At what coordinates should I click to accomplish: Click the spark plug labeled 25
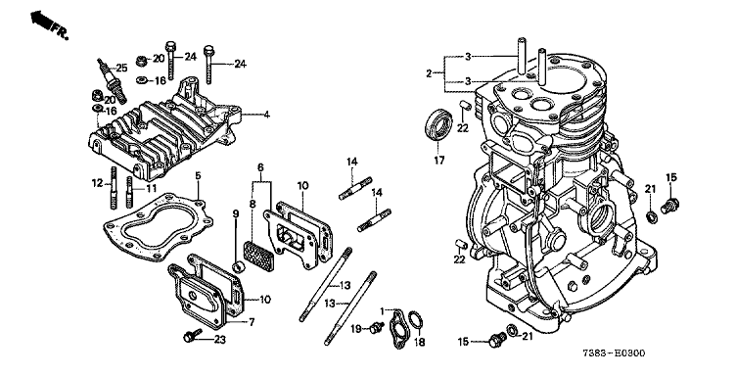(112, 79)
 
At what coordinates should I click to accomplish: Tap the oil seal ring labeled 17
(438, 124)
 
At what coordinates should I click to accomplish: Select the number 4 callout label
(266, 114)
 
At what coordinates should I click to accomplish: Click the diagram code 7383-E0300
(614, 353)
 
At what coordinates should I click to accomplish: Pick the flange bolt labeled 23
(192, 335)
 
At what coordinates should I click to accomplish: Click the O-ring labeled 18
(415, 320)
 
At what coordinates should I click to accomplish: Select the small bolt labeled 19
(375, 327)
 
